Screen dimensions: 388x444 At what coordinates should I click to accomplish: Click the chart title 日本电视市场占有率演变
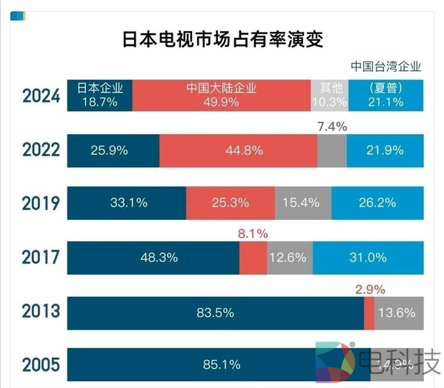pyautogui.click(x=222, y=38)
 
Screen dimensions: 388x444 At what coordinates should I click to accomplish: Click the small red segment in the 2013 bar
pyautogui.click(x=369, y=312)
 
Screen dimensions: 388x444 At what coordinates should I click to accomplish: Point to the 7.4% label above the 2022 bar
pyautogui.click(x=332, y=127)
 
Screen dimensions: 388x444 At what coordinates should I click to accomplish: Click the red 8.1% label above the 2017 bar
pyautogui.click(x=253, y=233)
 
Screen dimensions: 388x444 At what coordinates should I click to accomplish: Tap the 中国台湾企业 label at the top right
pyautogui.click(x=385, y=66)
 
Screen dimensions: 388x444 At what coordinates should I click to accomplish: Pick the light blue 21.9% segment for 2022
pyautogui.click(x=385, y=150)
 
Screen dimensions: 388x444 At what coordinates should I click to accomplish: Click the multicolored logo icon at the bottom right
pyautogui.click(x=333, y=364)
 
